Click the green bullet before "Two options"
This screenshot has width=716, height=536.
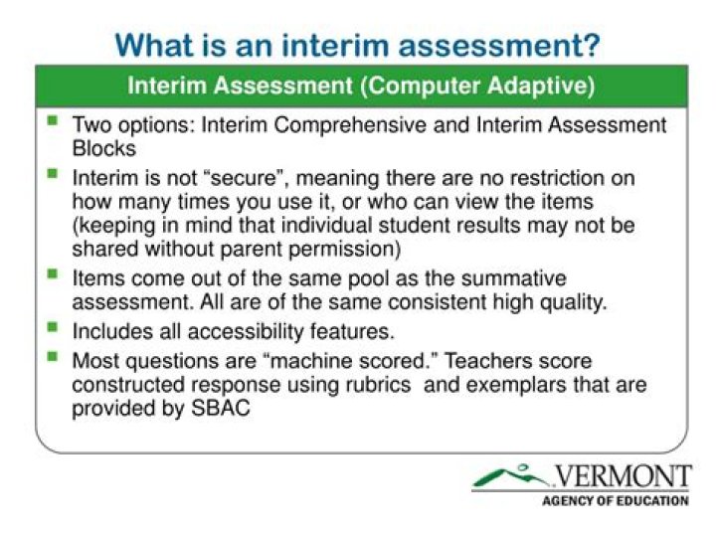[52, 122]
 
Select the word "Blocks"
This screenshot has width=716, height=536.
[102, 148]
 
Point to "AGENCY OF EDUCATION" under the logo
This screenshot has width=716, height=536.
[615, 500]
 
